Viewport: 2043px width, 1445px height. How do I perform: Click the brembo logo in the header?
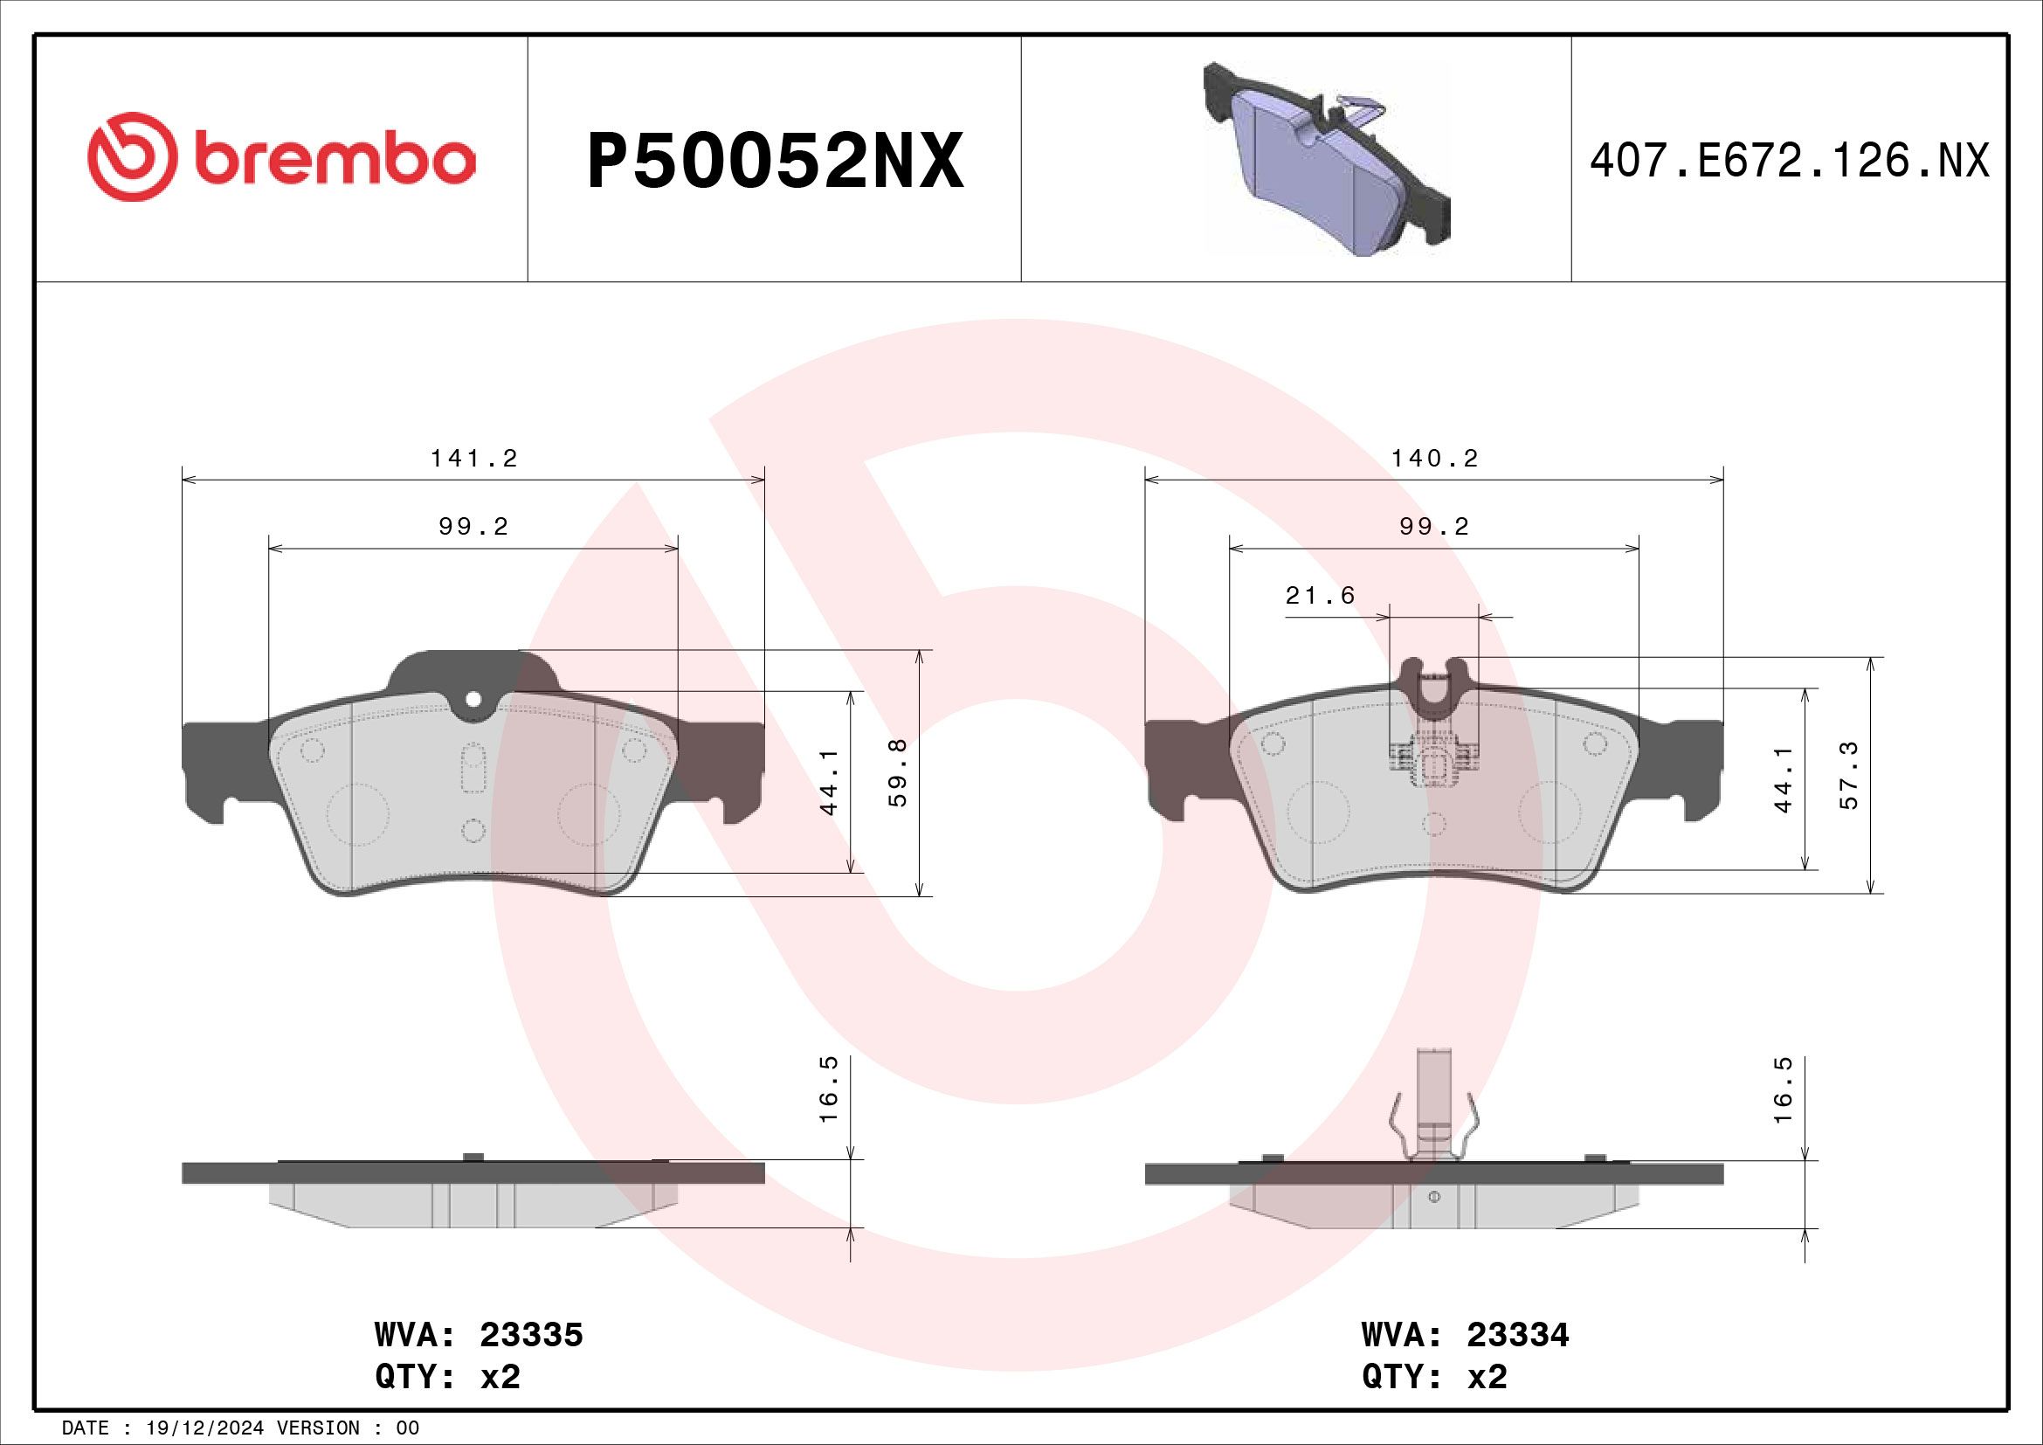click(x=281, y=158)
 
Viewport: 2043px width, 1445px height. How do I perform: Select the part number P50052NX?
click(x=774, y=161)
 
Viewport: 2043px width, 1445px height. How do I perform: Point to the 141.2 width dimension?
click(x=473, y=460)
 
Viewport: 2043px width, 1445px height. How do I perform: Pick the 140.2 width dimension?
click(x=1434, y=460)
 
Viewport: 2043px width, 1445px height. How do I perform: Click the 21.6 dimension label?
click(x=1321, y=596)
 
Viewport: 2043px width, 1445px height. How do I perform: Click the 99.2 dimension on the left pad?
click(x=473, y=528)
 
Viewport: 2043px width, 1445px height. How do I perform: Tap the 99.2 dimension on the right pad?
click(x=1434, y=528)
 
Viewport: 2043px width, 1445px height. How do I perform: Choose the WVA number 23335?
click(x=531, y=1336)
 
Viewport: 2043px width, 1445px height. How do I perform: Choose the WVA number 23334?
click(x=1517, y=1336)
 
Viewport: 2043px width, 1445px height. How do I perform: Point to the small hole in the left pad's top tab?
click(x=473, y=700)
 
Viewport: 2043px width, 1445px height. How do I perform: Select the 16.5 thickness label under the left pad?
click(x=828, y=1102)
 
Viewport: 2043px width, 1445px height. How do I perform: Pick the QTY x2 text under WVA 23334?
click(x=1434, y=1378)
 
